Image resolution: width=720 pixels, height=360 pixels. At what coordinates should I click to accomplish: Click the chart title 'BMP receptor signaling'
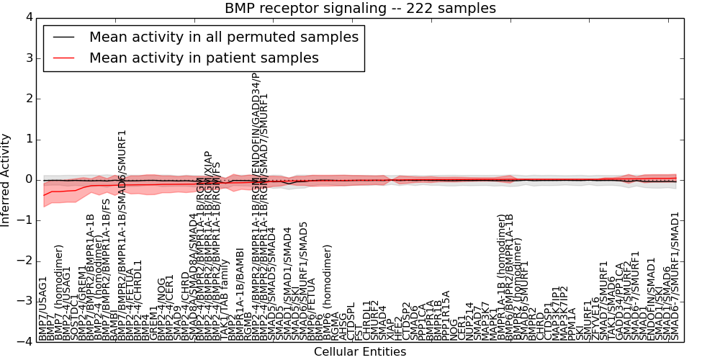point(360,9)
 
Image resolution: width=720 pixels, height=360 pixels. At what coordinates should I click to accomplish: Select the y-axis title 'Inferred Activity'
point(6,179)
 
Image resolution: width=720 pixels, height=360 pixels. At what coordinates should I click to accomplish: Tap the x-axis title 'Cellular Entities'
point(360,352)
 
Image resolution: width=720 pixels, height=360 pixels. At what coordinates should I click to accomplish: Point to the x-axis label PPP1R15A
point(446,315)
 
